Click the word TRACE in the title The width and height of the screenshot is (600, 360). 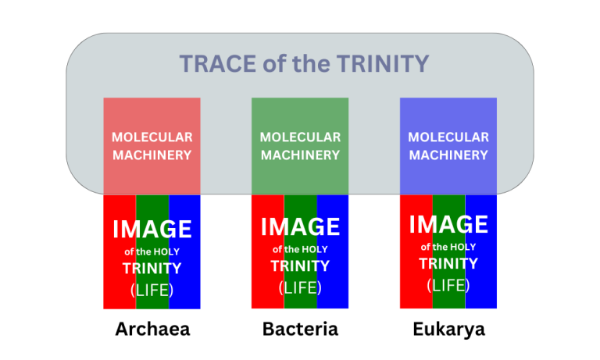coord(218,63)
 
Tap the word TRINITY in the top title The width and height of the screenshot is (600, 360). coord(383,63)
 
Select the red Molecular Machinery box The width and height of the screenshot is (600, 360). coord(152,146)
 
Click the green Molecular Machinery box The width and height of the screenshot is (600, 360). coord(300,146)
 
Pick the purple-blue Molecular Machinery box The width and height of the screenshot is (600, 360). coord(448,146)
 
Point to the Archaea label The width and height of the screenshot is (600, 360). coord(152,329)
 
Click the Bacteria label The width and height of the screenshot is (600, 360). coord(300,329)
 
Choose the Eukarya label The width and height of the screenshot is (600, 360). coord(449,330)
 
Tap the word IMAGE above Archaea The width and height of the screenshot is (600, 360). coord(152,229)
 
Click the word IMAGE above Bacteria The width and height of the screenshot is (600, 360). coord(300,226)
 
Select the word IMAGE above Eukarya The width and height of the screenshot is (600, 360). coord(448,224)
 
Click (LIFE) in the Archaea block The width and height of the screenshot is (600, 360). coord(152,290)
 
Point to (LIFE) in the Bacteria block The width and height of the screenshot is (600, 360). coord(300,287)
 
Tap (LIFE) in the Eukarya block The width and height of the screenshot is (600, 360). coord(448,285)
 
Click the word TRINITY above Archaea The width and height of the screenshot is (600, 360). coord(152,269)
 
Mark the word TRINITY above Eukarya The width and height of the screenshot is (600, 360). coord(448,264)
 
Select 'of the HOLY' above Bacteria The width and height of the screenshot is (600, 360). coord(300,249)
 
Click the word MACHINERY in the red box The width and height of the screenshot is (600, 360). coord(152,155)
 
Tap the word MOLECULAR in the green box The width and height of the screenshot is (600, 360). coord(300,137)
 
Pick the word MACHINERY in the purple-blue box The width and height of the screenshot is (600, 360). coord(448,155)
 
